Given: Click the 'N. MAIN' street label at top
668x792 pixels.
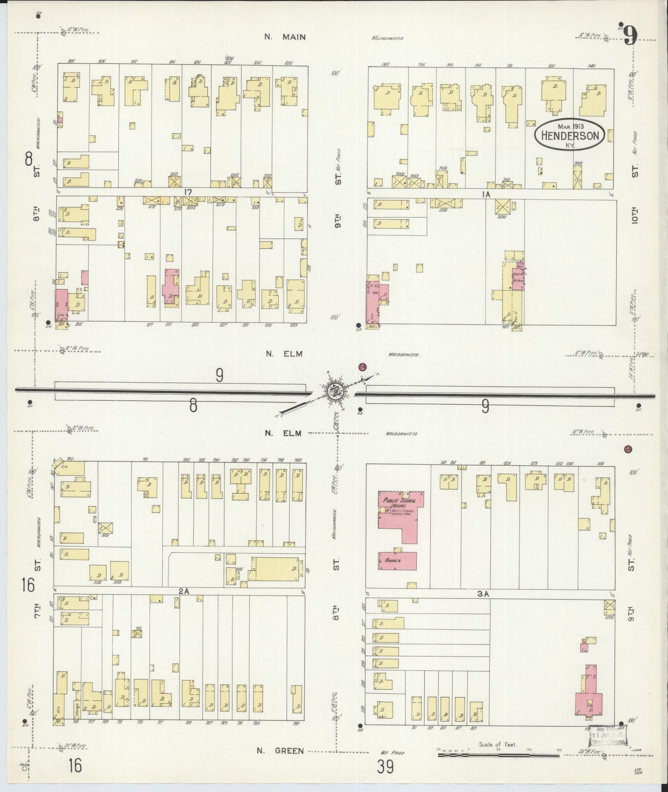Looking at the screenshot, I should point(285,37).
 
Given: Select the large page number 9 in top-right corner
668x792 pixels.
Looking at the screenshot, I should point(631,35).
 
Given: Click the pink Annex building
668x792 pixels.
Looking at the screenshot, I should point(397,561).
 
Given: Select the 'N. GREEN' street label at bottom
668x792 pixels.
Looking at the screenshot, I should point(280,751).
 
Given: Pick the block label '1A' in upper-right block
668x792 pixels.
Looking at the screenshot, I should point(485,195).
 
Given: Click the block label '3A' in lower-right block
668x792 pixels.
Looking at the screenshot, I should point(483,594).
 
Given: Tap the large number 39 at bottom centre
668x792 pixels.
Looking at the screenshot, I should point(385,768).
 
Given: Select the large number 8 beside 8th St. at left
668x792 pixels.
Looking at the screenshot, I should point(29,160).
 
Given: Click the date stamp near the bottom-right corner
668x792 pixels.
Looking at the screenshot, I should point(610,735).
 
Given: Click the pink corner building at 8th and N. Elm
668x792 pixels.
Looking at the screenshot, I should point(61,305).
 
